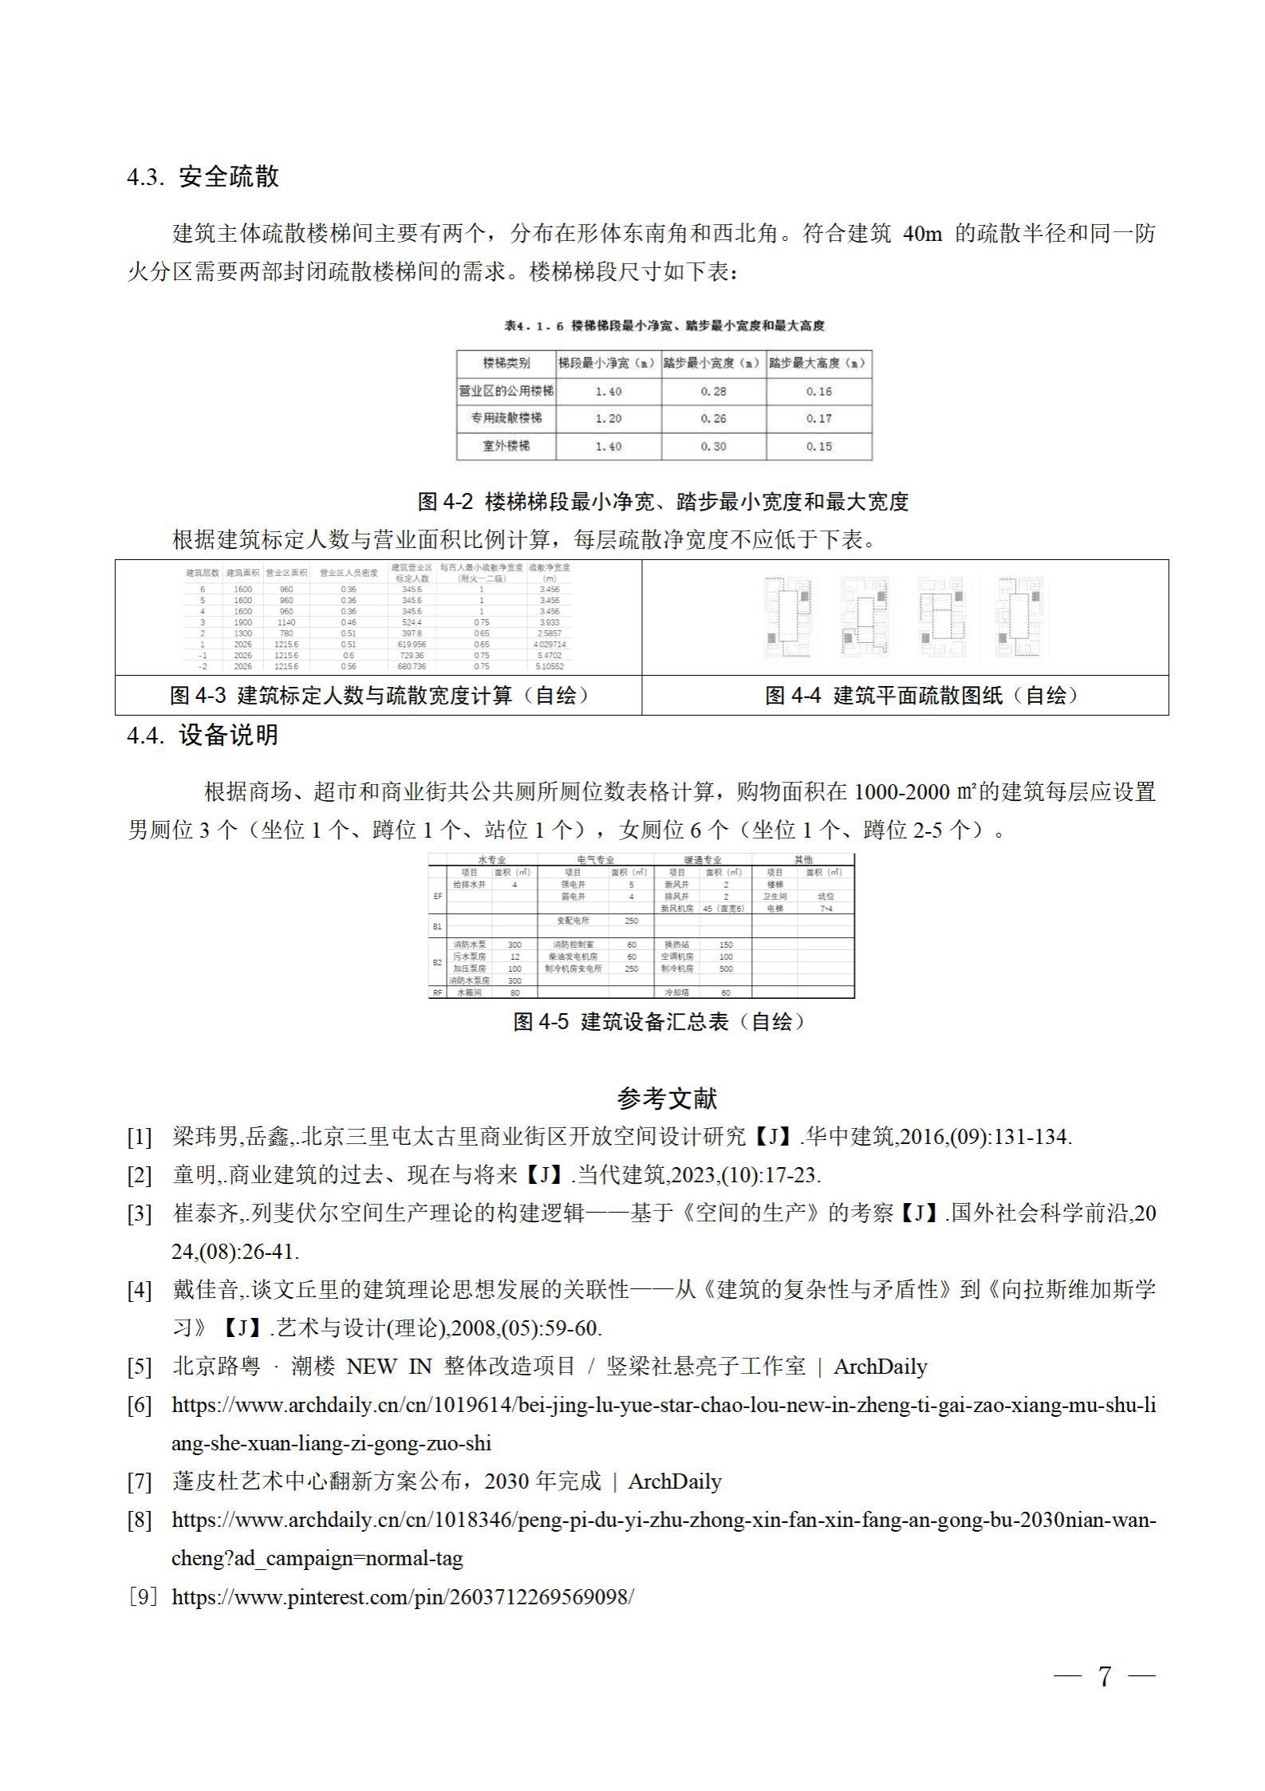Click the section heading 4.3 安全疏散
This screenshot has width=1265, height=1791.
tap(203, 176)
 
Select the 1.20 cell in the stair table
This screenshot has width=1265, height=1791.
tap(608, 418)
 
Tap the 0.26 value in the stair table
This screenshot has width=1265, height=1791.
tap(713, 418)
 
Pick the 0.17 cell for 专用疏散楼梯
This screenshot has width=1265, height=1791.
tap(818, 418)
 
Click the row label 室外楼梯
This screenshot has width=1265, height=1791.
tap(506, 446)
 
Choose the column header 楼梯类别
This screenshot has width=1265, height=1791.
tap(506, 363)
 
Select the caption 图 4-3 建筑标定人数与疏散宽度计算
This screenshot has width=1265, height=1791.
tap(379, 695)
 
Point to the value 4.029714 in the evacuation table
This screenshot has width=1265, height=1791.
tap(550, 644)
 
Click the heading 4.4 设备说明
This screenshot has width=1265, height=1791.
tap(203, 735)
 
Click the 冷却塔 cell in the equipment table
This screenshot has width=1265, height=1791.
tap(676, 992)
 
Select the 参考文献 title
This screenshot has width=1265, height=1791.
tap(667, 1098)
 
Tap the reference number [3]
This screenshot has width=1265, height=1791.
tap(139, 1215)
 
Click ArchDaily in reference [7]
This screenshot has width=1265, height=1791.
tap(675, 1481)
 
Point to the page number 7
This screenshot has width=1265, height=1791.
tap(1104, 1676)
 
